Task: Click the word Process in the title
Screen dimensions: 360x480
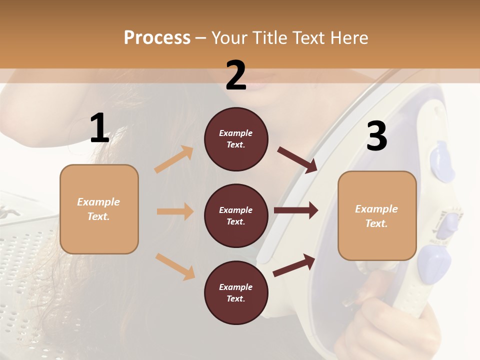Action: (x=157, y=37)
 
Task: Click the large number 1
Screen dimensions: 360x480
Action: (x=99, y=128)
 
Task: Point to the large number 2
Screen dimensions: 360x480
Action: (x=236, y=75)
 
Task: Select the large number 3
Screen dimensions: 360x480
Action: (x=376, y=136)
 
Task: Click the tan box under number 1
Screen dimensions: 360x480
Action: (x=99, y=209)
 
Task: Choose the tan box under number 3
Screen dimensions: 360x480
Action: (x=377, y=215)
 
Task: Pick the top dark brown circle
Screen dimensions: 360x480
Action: (x=236, y=139)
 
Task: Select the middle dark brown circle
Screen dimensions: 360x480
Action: (x=236, y=215)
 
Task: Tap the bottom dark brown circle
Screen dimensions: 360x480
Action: (x=236, y=292)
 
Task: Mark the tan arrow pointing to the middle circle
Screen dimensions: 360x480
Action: (x=175, y=211)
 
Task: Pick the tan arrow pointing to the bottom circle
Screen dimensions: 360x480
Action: (x=175, y=266)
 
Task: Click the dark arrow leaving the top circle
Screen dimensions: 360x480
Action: (x=297, y=159)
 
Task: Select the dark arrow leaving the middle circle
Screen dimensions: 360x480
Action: (x=296, y=210)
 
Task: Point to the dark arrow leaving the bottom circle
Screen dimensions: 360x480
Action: (x=294, y=265)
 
